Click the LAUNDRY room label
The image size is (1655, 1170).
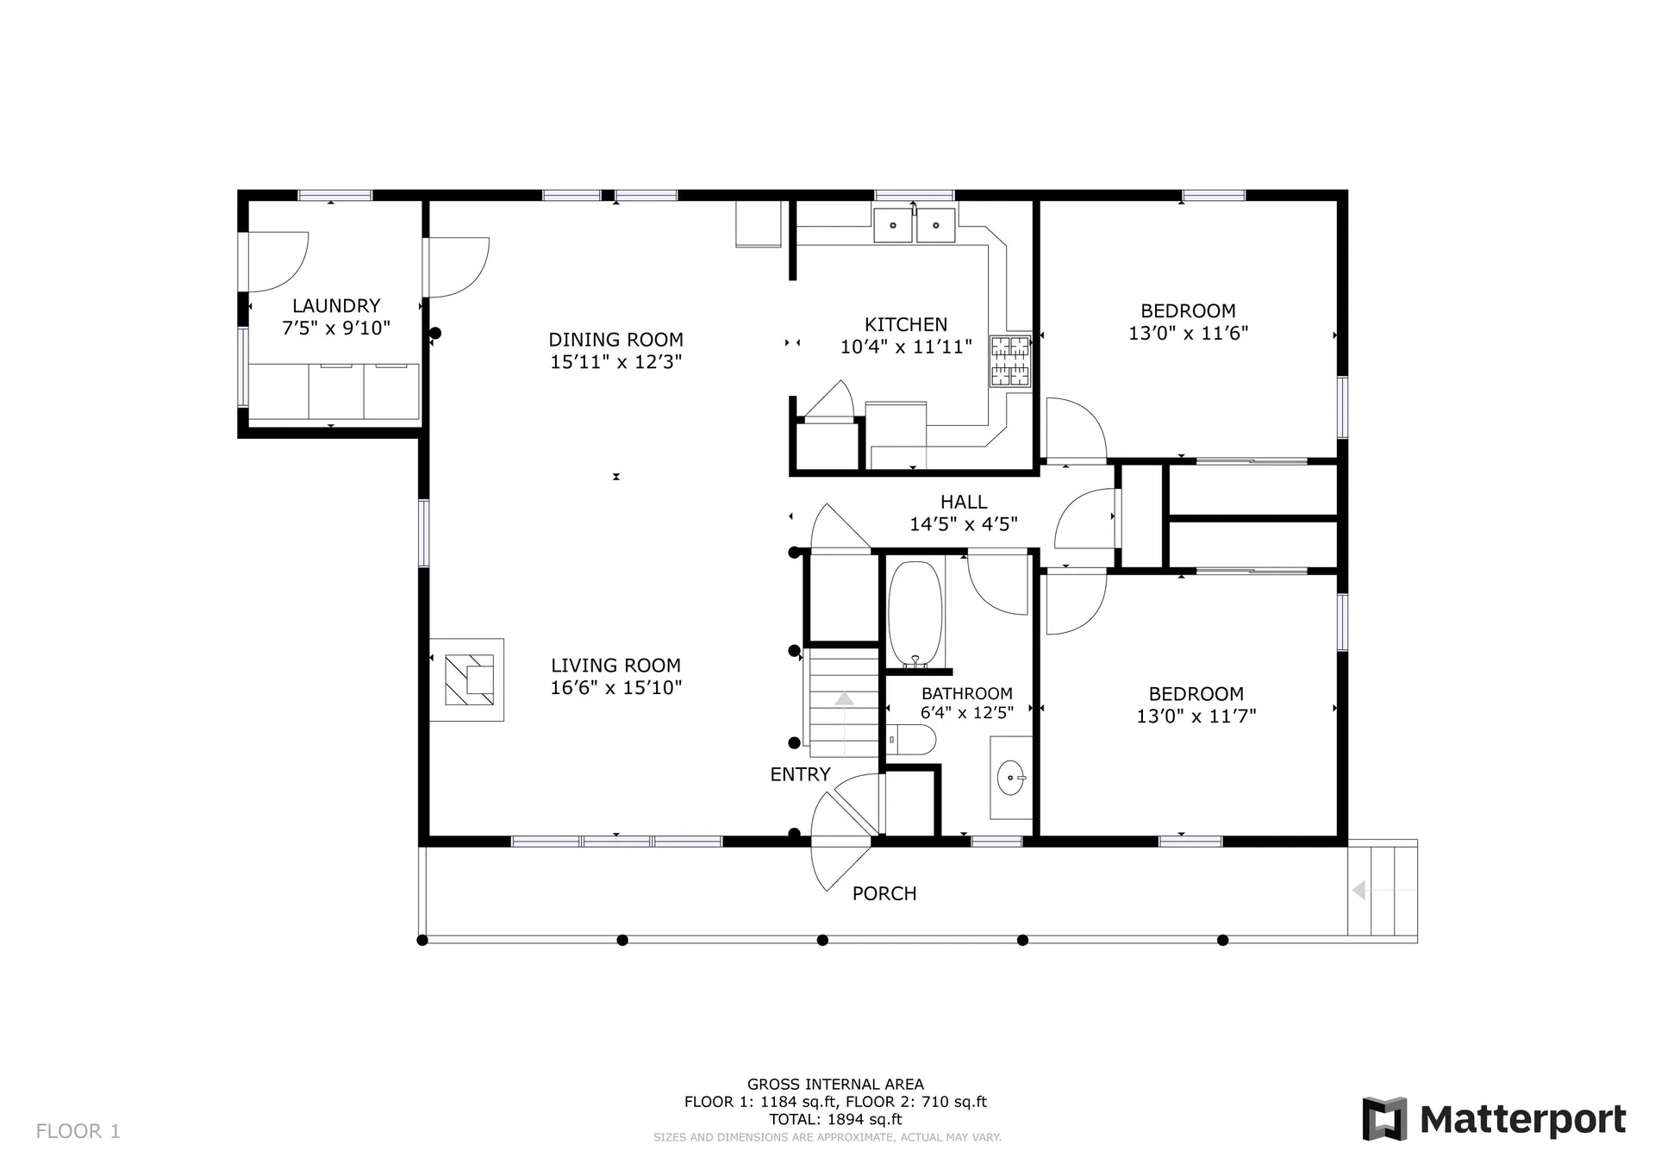pos(336,306)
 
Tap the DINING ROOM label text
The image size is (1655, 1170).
pos(616,340)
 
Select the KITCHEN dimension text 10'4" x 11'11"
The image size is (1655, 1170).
pos(906,347)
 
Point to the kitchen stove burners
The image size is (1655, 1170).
pos(1010,361)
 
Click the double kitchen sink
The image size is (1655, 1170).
pos(915,225)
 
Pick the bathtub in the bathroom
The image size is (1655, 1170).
pos(915,614)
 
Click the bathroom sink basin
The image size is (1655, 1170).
pos(1010,779)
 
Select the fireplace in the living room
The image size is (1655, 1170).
pos(467,679)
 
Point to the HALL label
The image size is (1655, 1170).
pos(964,502)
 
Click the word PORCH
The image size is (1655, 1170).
pos(884,894)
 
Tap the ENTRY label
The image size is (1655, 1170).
pos(801,774)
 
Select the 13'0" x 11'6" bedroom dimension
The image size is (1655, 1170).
pos(1189,334)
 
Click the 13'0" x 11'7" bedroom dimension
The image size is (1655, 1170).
pos(1196,716)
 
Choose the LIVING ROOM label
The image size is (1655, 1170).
pos(616,666)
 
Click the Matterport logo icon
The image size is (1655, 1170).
pos(1384,1119)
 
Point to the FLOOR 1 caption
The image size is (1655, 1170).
pos(78,1131)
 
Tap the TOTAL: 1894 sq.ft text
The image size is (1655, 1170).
pos(836,1119)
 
